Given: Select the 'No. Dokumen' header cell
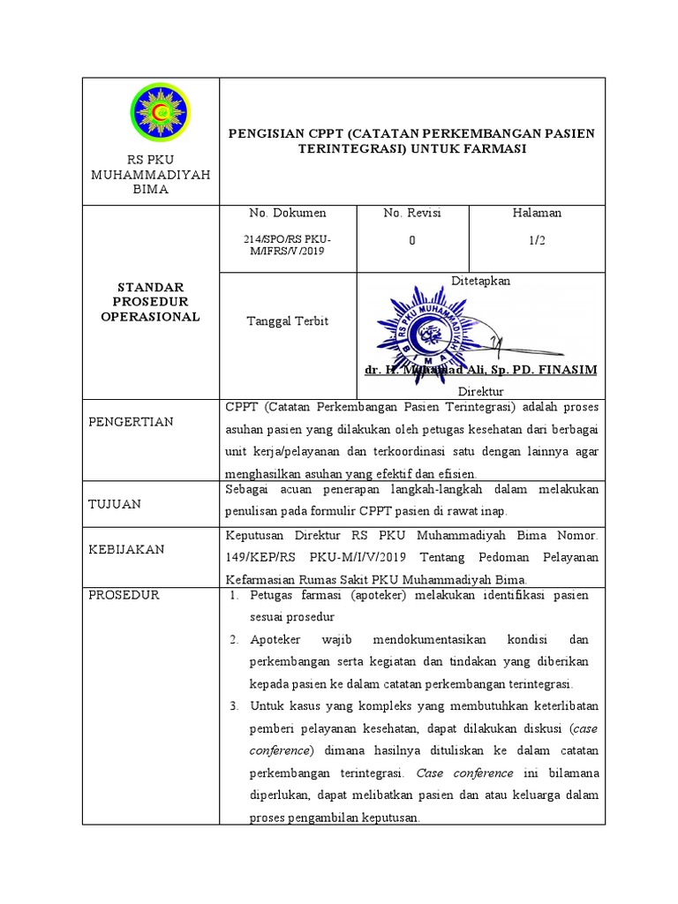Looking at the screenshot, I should (x=288, y=213).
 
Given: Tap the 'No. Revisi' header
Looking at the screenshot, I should (x=412, y=213).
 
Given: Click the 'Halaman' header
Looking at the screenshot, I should (x=537, y=213).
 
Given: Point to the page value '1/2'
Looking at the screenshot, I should (x=537, y=241).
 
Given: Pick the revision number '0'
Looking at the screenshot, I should (x=411, y=241).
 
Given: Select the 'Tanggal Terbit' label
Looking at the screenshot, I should (x=287, y=321).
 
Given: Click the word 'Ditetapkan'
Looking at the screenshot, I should (x=480, y=281).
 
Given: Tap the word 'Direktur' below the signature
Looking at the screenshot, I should (x=480, y=390).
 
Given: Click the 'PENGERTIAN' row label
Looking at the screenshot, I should (x=131, y=422).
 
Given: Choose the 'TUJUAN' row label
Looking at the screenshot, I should (x=114, y=503).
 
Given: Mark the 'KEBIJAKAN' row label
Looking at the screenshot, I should (x=126, y=549).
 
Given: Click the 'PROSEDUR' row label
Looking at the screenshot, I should (x=124, y=595).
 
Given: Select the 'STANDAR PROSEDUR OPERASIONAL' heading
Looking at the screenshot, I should (x=150, y=302).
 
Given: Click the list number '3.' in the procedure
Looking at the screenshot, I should (x=234, y=706).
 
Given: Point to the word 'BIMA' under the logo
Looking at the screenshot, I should (x=150, y=190).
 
